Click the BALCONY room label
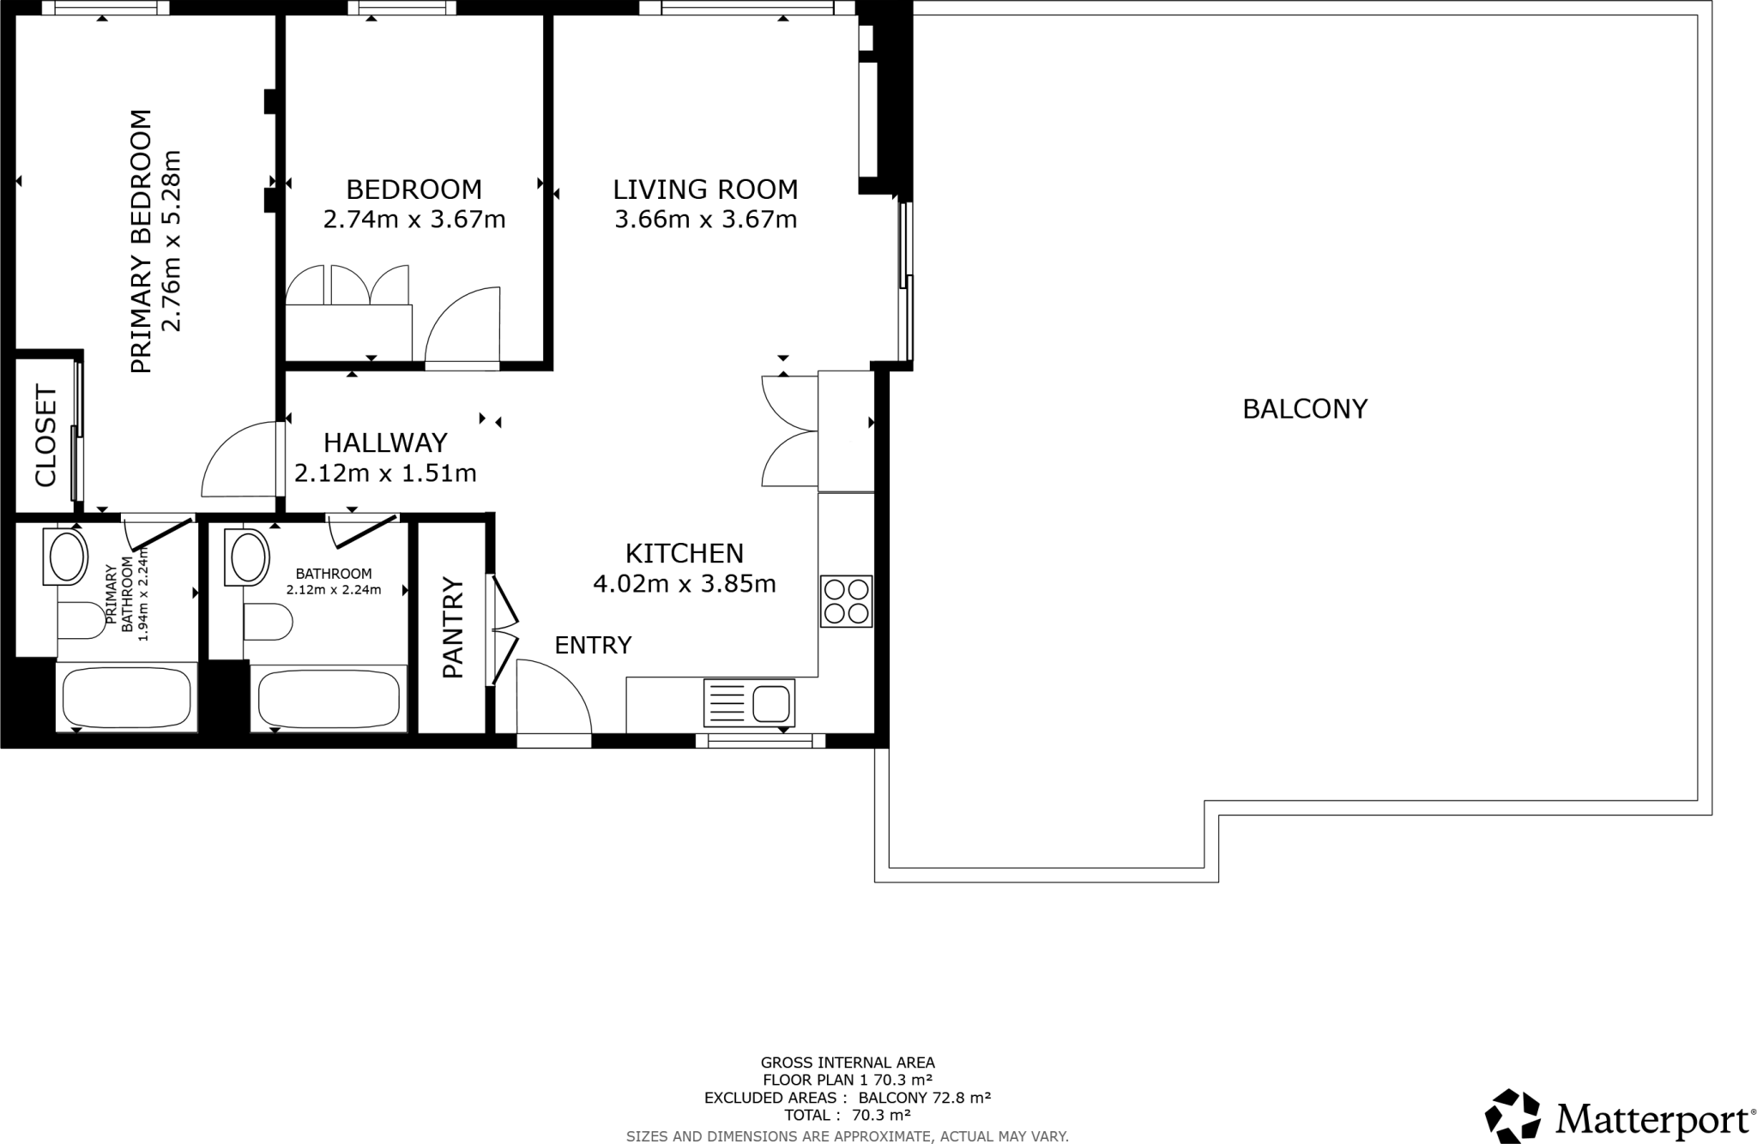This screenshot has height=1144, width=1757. coord(1304,409)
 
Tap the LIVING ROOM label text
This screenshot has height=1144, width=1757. coord(705,189)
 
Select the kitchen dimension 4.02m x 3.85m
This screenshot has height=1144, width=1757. coord(684,584)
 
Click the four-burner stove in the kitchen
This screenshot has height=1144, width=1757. coord(846,601)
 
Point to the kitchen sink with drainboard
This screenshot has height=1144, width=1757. coord(749,703)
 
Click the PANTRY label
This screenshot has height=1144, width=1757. coord(452,628)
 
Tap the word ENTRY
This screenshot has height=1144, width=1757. coord(593,645)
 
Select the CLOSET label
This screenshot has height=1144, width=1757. coord(45,437)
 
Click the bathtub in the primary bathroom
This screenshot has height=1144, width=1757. coord(127,696)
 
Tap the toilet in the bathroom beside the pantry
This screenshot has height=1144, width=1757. coord(269,622)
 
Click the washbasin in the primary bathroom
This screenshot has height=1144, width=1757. coord(67,557)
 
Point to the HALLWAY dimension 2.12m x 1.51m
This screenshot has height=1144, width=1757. coord(385,473)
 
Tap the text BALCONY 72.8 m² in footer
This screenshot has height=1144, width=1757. coord(924,1098)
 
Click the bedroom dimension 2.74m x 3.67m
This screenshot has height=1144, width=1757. coord(414,220)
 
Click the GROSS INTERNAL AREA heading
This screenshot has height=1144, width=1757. coord(848,1063)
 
